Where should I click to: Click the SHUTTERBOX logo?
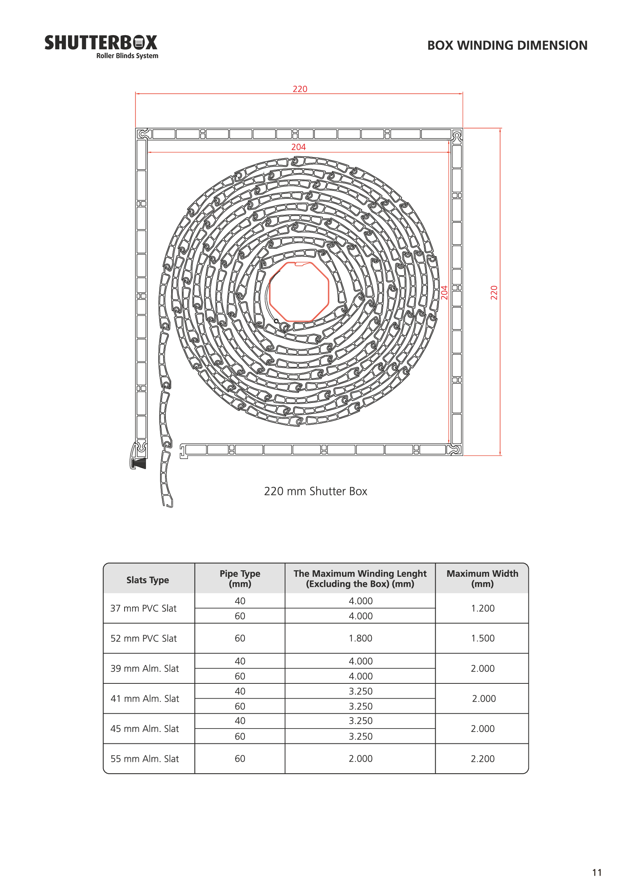[101, 46]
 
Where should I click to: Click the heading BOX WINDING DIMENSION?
[507, 45]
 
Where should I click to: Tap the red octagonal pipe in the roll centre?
[299, 292]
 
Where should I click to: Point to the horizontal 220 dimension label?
[300, 89]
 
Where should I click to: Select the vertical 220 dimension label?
[494, 292]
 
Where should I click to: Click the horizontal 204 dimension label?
[298, 147]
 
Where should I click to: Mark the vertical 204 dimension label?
[444, 292]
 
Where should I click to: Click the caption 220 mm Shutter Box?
[315, 491]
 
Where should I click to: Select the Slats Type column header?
[147, 580]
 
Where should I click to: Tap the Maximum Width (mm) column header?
[482, 578]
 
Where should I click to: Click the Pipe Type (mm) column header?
[240, 578]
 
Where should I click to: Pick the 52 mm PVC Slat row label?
[144, 638]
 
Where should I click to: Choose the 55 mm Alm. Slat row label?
[144, 758]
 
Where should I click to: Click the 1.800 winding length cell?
[360, 638]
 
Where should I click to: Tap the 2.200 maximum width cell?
[483, 758]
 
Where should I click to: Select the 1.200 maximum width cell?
[483, 608]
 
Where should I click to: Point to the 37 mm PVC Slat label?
[143, 608]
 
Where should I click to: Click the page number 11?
[596, 873]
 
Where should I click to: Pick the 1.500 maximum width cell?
[483, 638]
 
